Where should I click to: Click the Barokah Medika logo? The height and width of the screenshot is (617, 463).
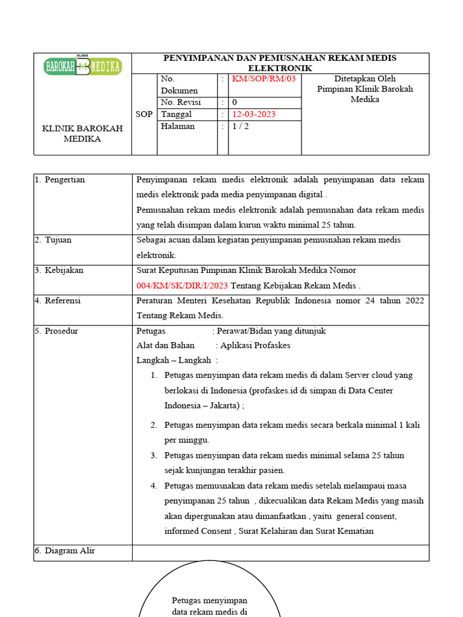[x=83, y=66]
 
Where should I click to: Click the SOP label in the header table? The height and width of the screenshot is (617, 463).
[x=144, y=114]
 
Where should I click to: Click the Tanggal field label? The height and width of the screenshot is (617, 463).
[x=176, y=114]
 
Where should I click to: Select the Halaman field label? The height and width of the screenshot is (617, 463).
[x=178, y=127]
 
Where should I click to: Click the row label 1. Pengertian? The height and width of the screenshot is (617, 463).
[x=60, y=180]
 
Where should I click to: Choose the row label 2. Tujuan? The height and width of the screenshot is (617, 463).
[x=53, y=240]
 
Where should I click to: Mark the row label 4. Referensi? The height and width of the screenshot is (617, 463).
[x=58, y=300]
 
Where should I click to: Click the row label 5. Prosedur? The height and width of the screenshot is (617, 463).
[x=57, y=331]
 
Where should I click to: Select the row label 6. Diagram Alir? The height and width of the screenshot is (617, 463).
[x=65, y=551]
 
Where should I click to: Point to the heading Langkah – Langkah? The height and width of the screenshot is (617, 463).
[x=174, y=360]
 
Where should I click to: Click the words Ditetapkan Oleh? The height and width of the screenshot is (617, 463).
[x=365, y=79]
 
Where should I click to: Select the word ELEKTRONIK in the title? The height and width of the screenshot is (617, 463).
[x=280, y=69]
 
